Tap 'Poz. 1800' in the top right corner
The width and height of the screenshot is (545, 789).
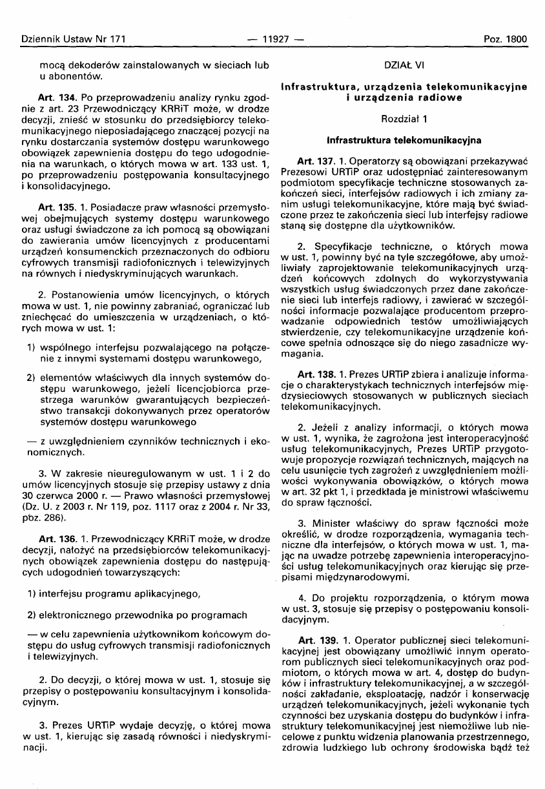click(x=506, y=39)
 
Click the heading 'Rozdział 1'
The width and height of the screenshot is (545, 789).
click(x=403, y=119)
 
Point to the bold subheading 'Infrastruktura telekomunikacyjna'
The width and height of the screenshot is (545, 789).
click(x=403, y=139)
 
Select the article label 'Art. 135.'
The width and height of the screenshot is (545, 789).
click(x=57, y=207)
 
